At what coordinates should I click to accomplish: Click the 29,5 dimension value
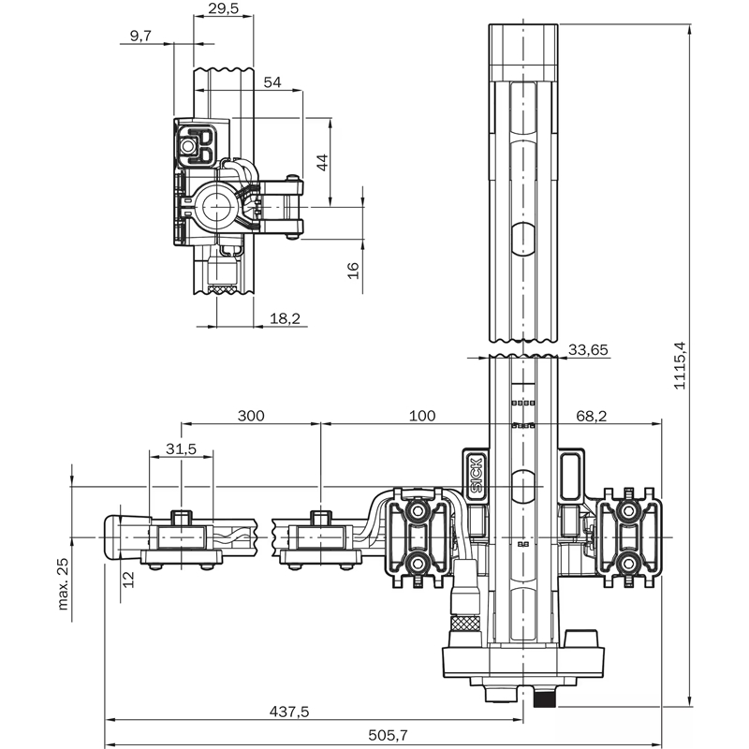223,8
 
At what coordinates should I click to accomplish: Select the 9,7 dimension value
140,36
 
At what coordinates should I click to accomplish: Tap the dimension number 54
272,82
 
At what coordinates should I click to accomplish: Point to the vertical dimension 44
323,162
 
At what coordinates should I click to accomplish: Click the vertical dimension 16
353,271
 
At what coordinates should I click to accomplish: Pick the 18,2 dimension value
285,318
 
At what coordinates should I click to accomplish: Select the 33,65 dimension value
588,349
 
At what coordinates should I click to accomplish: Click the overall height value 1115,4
680,365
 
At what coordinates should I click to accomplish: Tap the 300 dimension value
251,416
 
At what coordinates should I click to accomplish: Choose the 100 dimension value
422,416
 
